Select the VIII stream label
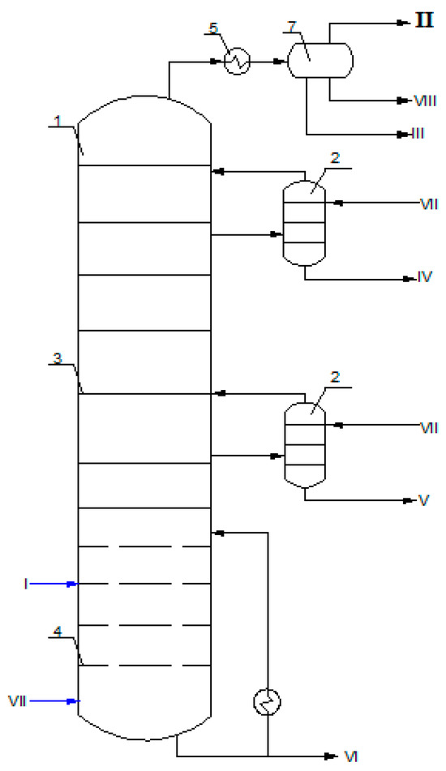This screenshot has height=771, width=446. coord(426,101)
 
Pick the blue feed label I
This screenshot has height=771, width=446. coord(27,583)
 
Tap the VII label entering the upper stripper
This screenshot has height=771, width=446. coord(428,203)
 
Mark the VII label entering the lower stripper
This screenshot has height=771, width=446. coord(428,424)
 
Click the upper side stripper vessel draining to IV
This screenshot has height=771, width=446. coord(303,221)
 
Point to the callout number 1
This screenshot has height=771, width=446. coord(58,120)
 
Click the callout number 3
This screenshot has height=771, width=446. coord(56,358)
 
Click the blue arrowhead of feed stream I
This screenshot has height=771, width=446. coord(72,583)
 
